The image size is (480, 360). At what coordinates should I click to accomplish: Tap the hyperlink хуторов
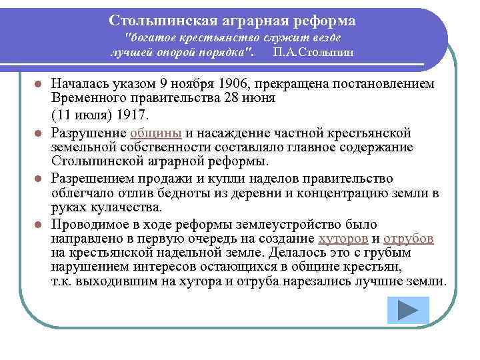342,239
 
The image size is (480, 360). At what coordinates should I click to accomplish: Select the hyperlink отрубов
409,239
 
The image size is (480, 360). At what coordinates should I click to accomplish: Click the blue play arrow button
407,311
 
